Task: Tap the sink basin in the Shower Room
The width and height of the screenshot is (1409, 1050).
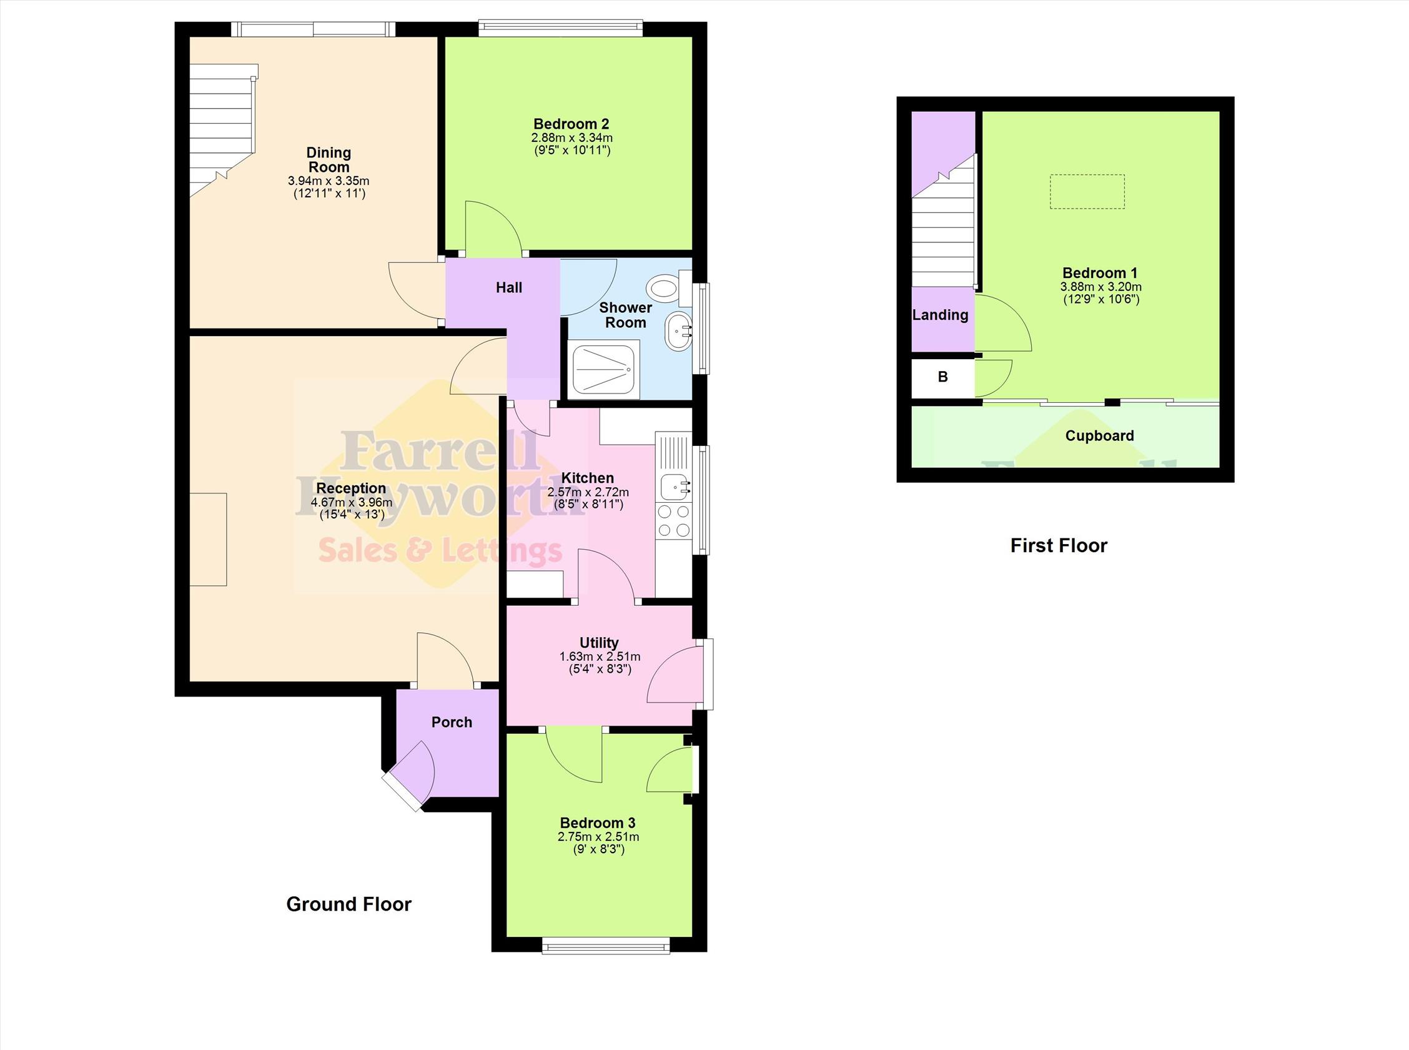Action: [x=679, y=331]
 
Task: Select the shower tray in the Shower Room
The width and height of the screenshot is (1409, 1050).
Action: [x=606, y=369]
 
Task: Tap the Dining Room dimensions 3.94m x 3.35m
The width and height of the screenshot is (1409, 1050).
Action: [x=329, y=181]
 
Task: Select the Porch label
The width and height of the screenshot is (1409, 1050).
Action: [x=452, y=722]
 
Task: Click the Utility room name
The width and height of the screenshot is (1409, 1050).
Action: [x=600, y=643]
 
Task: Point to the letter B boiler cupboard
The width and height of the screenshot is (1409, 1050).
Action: [x=942, y=377]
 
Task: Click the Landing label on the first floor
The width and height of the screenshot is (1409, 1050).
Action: [x=941, y=315]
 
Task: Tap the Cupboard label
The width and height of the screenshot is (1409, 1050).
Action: [x=1099, y=436]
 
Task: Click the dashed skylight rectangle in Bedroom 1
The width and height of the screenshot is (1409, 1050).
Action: [x=1087, y=191]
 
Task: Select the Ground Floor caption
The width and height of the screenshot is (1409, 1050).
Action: [x=349, y=904]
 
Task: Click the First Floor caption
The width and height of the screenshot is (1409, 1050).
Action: [x=1059, y=545]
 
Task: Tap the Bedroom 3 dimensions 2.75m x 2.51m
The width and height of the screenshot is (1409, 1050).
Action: [x=599, y=837]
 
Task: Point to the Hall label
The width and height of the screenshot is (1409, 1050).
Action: [x=509, y=288]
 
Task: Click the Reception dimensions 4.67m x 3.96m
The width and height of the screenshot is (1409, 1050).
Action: [x=352, y=502]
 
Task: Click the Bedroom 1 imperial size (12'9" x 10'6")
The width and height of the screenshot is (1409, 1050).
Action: [x=1101, y=299]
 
